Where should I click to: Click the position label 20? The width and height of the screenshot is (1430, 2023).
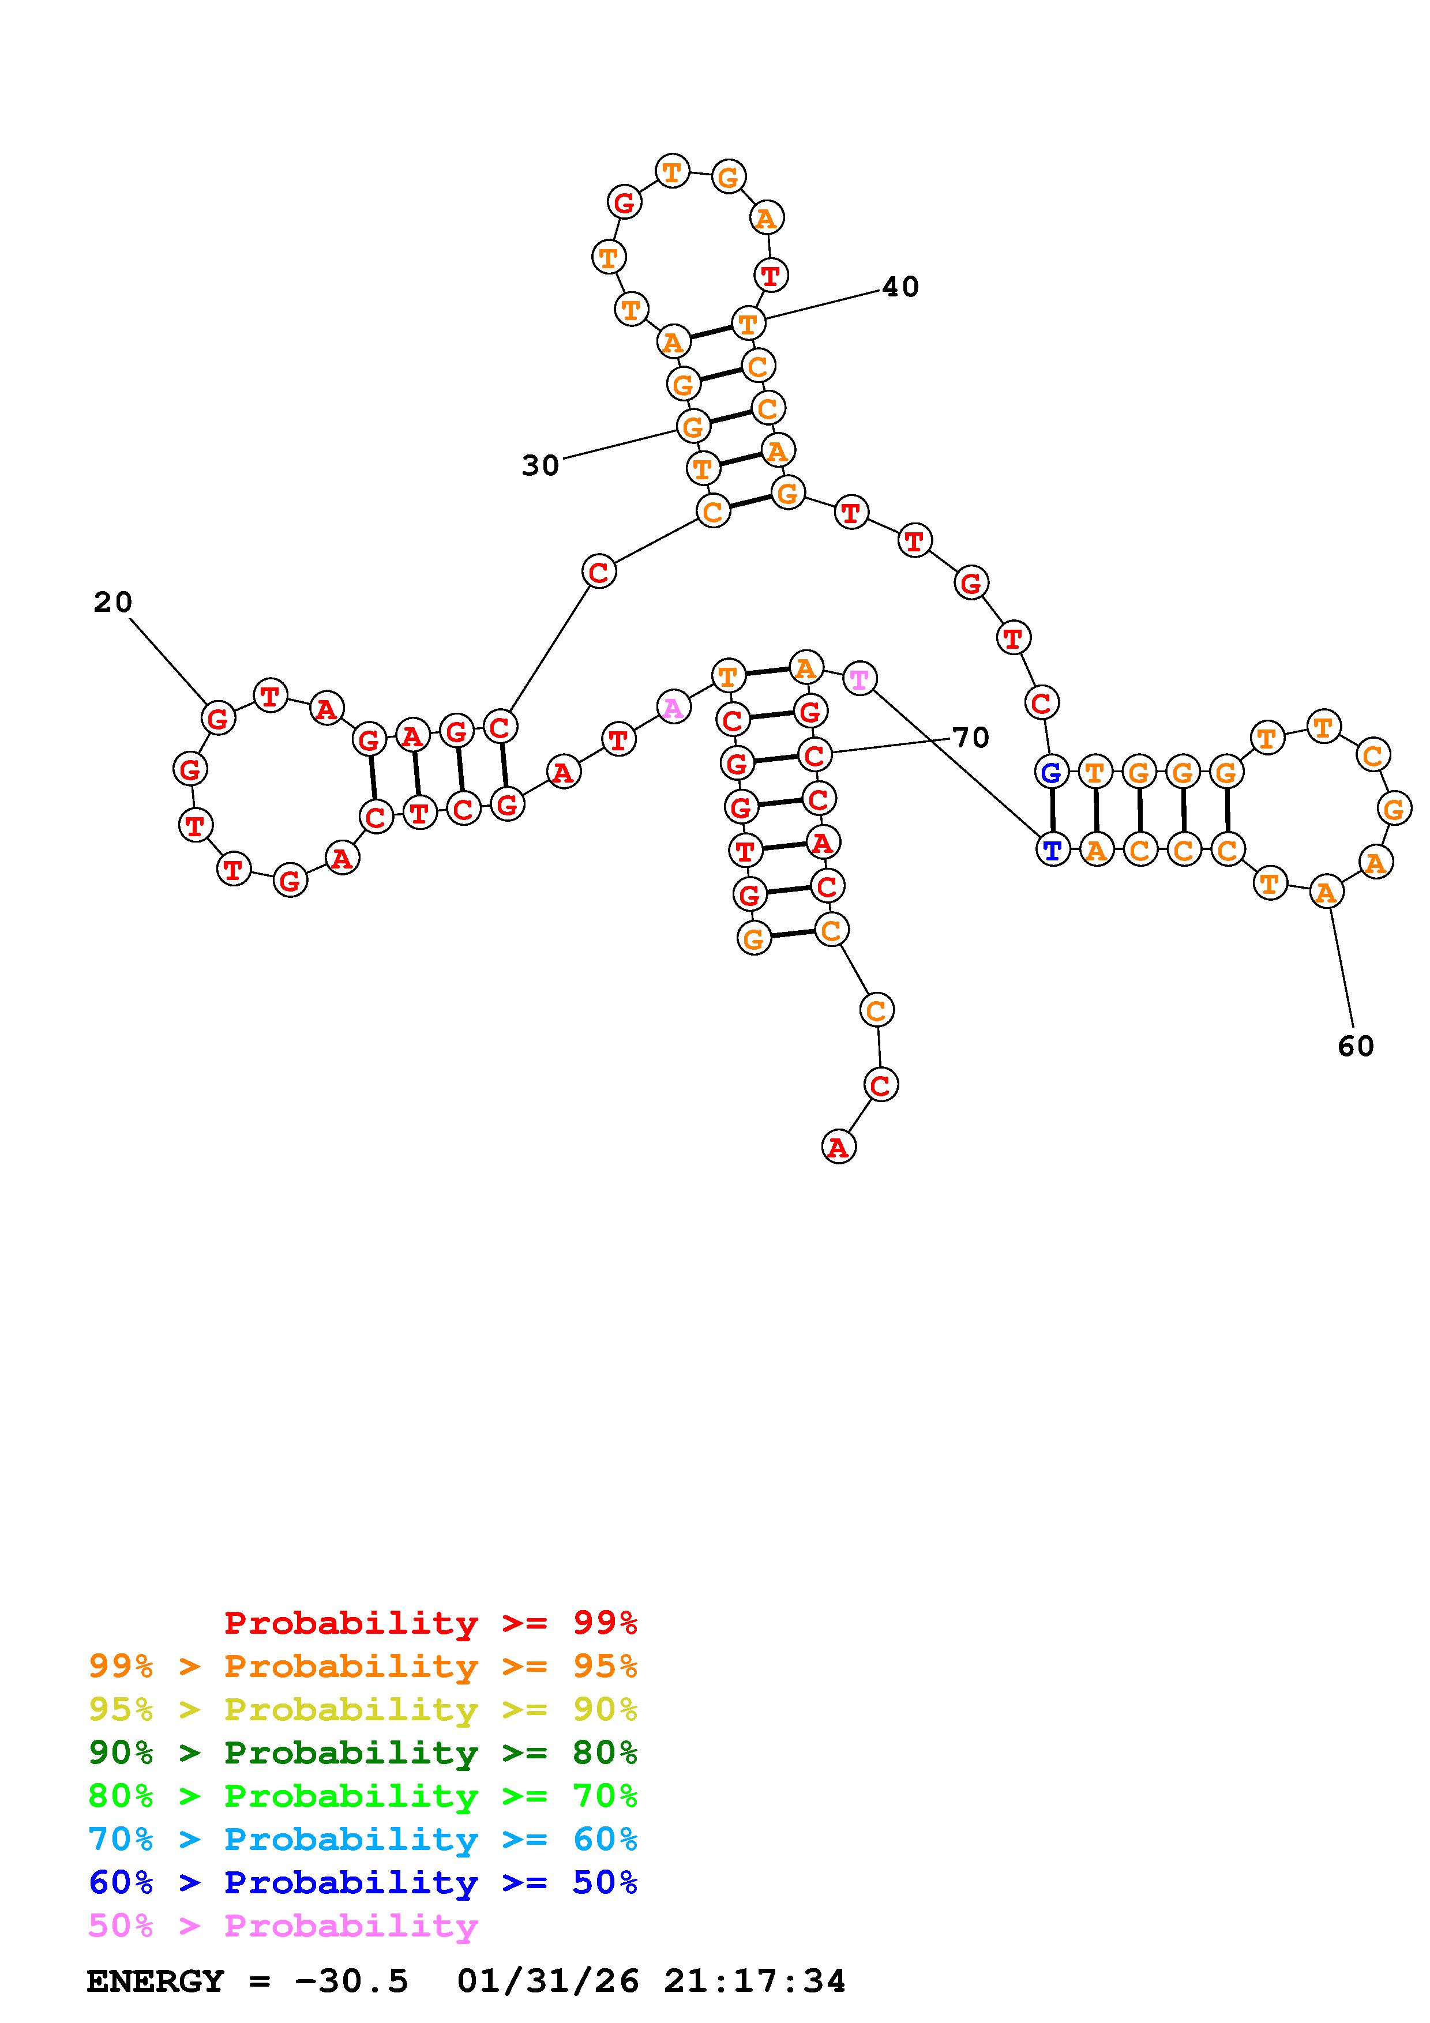[113, 603]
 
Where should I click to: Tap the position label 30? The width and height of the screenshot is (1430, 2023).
[540, 465]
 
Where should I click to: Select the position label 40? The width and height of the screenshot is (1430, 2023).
[899, 287]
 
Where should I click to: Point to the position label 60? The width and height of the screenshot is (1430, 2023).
[1355, 1046]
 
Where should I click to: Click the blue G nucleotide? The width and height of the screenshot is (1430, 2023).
[1050, 773]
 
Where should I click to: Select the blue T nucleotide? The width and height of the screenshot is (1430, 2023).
[1052, 850]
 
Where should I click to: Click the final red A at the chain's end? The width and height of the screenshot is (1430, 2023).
[838, 1147]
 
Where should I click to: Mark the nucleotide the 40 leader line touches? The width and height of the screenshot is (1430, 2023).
[748, 324]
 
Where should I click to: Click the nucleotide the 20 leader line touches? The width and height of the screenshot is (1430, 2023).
[217, 718]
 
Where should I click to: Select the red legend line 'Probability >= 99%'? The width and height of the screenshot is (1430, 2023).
[431, 1623]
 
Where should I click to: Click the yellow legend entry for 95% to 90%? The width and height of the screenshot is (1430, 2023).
[363, 1709]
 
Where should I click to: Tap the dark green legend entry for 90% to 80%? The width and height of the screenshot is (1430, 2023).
[363, 1753]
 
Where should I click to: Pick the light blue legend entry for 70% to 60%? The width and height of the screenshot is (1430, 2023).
[363, 1839]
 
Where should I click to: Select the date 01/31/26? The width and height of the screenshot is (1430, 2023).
[548, 1981]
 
